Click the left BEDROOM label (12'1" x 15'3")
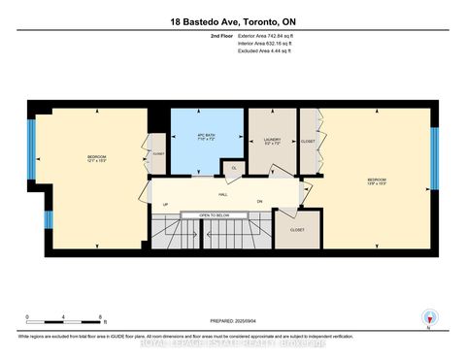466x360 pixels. pos(96,159)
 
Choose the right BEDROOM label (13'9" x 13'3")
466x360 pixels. pos(377,181)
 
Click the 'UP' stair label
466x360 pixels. pos(165,204)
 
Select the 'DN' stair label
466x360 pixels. pos(259,201)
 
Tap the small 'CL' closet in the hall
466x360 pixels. pos(233,168)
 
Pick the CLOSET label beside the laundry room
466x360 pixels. pos(308,142)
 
